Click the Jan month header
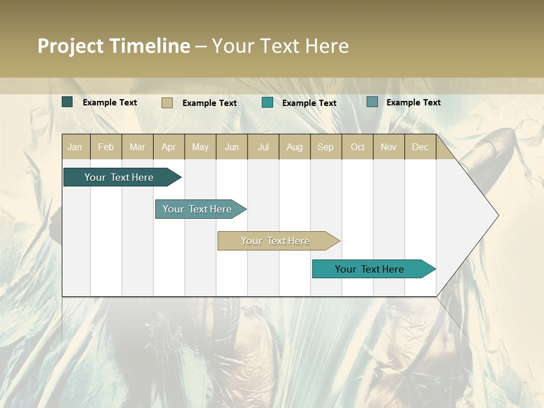point(75,147)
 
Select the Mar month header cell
point(137,147)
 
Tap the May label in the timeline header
point(200,147)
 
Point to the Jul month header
point(263,147)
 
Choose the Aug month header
point(294,147)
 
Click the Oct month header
point(357,147)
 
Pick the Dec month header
point(420,147)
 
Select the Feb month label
point(106,147)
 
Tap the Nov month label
point(388,147)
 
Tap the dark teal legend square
point(67,102)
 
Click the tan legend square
point(167,103)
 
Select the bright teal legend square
point(267,103)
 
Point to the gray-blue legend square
point(372,102)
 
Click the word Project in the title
point(71,46)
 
